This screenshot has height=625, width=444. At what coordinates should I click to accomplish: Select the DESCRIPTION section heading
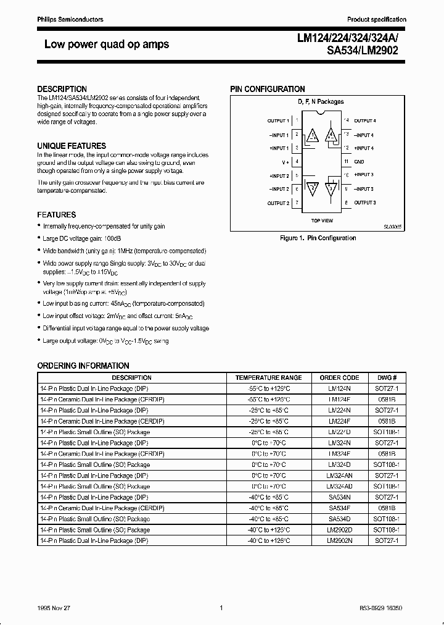62,89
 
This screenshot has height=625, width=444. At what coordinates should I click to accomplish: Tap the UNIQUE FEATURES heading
72,146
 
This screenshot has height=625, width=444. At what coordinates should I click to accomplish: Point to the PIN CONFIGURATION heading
268,89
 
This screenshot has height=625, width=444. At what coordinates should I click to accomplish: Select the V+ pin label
286,162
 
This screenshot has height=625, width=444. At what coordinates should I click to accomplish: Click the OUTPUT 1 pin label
278,121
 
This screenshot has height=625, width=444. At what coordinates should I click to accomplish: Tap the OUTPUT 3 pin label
365,203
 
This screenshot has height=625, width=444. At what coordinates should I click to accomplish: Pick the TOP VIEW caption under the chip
322,220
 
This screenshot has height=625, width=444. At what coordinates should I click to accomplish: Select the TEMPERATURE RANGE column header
268,377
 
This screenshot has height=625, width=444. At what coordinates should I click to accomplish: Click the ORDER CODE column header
339,377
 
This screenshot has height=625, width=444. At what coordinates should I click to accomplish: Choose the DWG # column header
387,377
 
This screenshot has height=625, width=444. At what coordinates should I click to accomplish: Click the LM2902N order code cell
339,540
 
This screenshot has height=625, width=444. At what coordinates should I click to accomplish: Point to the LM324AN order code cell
339,475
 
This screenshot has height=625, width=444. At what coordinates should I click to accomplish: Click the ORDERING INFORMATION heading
83,366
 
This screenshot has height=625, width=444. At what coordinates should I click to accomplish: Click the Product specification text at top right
377,20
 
